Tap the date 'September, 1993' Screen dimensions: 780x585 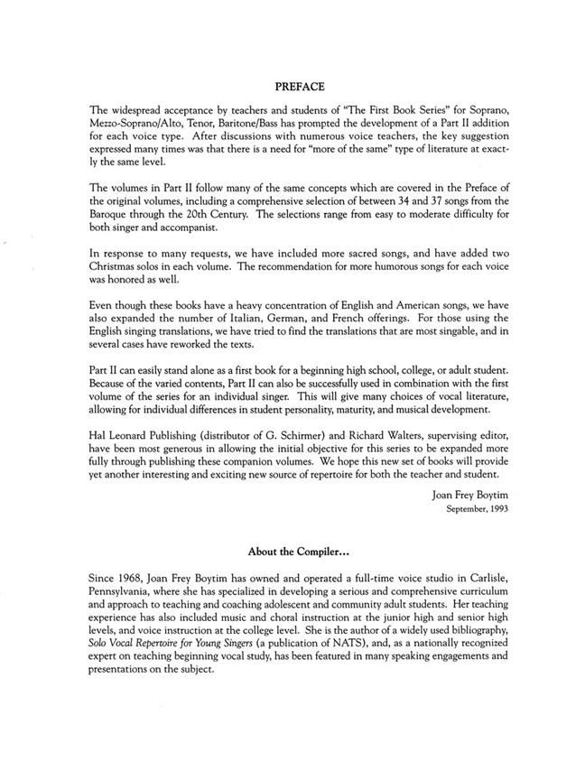tap(479, 509)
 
